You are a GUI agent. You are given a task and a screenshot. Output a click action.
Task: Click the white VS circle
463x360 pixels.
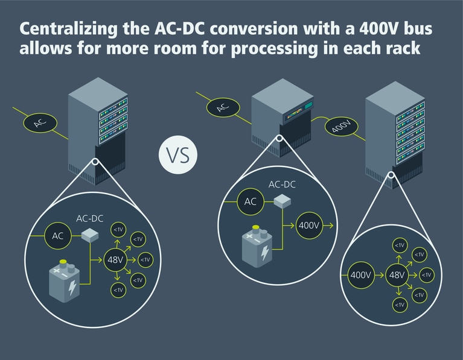tap(178, 154)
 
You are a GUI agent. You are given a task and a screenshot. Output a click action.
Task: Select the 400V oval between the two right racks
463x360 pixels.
tap(342, 127)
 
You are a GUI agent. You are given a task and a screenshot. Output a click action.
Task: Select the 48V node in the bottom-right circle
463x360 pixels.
tap(397, 275)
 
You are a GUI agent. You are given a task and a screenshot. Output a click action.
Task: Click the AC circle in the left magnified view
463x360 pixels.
tap(58, 236)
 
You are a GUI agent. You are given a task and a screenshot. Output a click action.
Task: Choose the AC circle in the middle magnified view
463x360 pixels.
tap(249, 201)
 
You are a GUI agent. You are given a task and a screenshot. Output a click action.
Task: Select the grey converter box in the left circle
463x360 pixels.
tap(90, 236)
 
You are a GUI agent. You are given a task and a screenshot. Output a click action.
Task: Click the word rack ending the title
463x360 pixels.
tap(404, 48)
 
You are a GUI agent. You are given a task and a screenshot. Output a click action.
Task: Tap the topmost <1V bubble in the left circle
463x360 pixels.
tap(118, 230)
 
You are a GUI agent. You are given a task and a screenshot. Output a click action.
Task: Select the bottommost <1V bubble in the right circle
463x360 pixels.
tap(399, 305)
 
